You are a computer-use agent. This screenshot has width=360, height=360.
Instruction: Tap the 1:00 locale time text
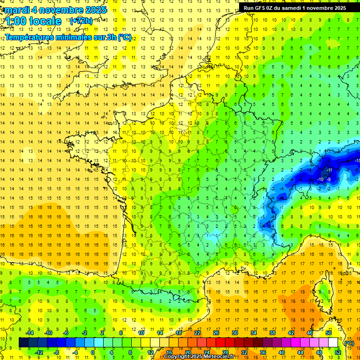coord(33,21)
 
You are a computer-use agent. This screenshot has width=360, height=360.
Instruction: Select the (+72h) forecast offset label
coord(81,21)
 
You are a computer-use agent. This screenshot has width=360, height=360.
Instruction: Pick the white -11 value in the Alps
coord(330,170)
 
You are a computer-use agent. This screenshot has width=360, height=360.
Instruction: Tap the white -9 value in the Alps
coord(330,179)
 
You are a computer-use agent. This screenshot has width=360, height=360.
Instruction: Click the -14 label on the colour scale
coord(30,333)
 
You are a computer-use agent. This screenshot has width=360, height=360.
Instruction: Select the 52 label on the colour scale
coord(338,352)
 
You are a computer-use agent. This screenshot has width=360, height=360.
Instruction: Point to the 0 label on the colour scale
coord(93,352)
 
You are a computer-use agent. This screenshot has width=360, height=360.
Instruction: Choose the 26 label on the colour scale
coord(216,333)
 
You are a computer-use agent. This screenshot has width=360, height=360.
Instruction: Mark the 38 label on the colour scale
coord(272,333)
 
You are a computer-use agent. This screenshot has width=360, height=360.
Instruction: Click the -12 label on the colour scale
coord(39,352)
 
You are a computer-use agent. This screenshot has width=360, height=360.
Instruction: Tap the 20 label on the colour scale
coord(188,352)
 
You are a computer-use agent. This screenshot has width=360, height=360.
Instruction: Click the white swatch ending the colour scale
coord(333,343)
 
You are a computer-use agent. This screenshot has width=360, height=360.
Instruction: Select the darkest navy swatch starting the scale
coord(23,343)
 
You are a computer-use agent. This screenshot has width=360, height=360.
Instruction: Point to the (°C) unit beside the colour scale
coord(349,343)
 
